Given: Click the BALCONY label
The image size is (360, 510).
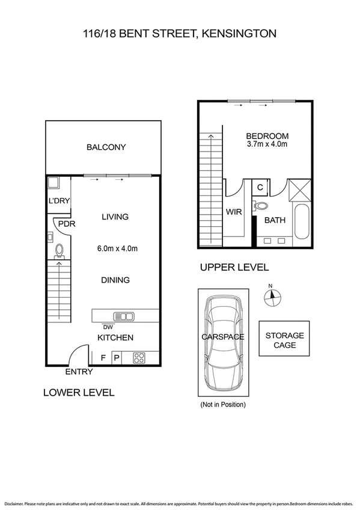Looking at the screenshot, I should pos(106,147).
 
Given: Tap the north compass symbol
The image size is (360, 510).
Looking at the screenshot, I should pos(272,295).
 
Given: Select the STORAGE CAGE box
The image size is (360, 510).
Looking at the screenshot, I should pos(284,340).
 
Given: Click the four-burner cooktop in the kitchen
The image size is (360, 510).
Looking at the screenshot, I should pos(139,357).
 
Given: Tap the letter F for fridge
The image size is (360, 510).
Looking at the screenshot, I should pos(103,358).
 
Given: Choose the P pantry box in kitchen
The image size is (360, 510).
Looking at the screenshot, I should pos(117,358).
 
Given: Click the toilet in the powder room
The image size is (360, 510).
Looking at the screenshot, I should pos(59,250).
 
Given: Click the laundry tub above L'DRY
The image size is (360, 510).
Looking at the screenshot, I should pos(52,183).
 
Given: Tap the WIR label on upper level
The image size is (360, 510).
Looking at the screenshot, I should pos(233,212).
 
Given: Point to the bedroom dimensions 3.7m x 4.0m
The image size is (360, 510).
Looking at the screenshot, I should pos(267,145).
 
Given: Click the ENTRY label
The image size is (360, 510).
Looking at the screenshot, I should pos(79,372).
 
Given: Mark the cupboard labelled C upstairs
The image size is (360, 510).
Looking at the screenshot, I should pos(260,187).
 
